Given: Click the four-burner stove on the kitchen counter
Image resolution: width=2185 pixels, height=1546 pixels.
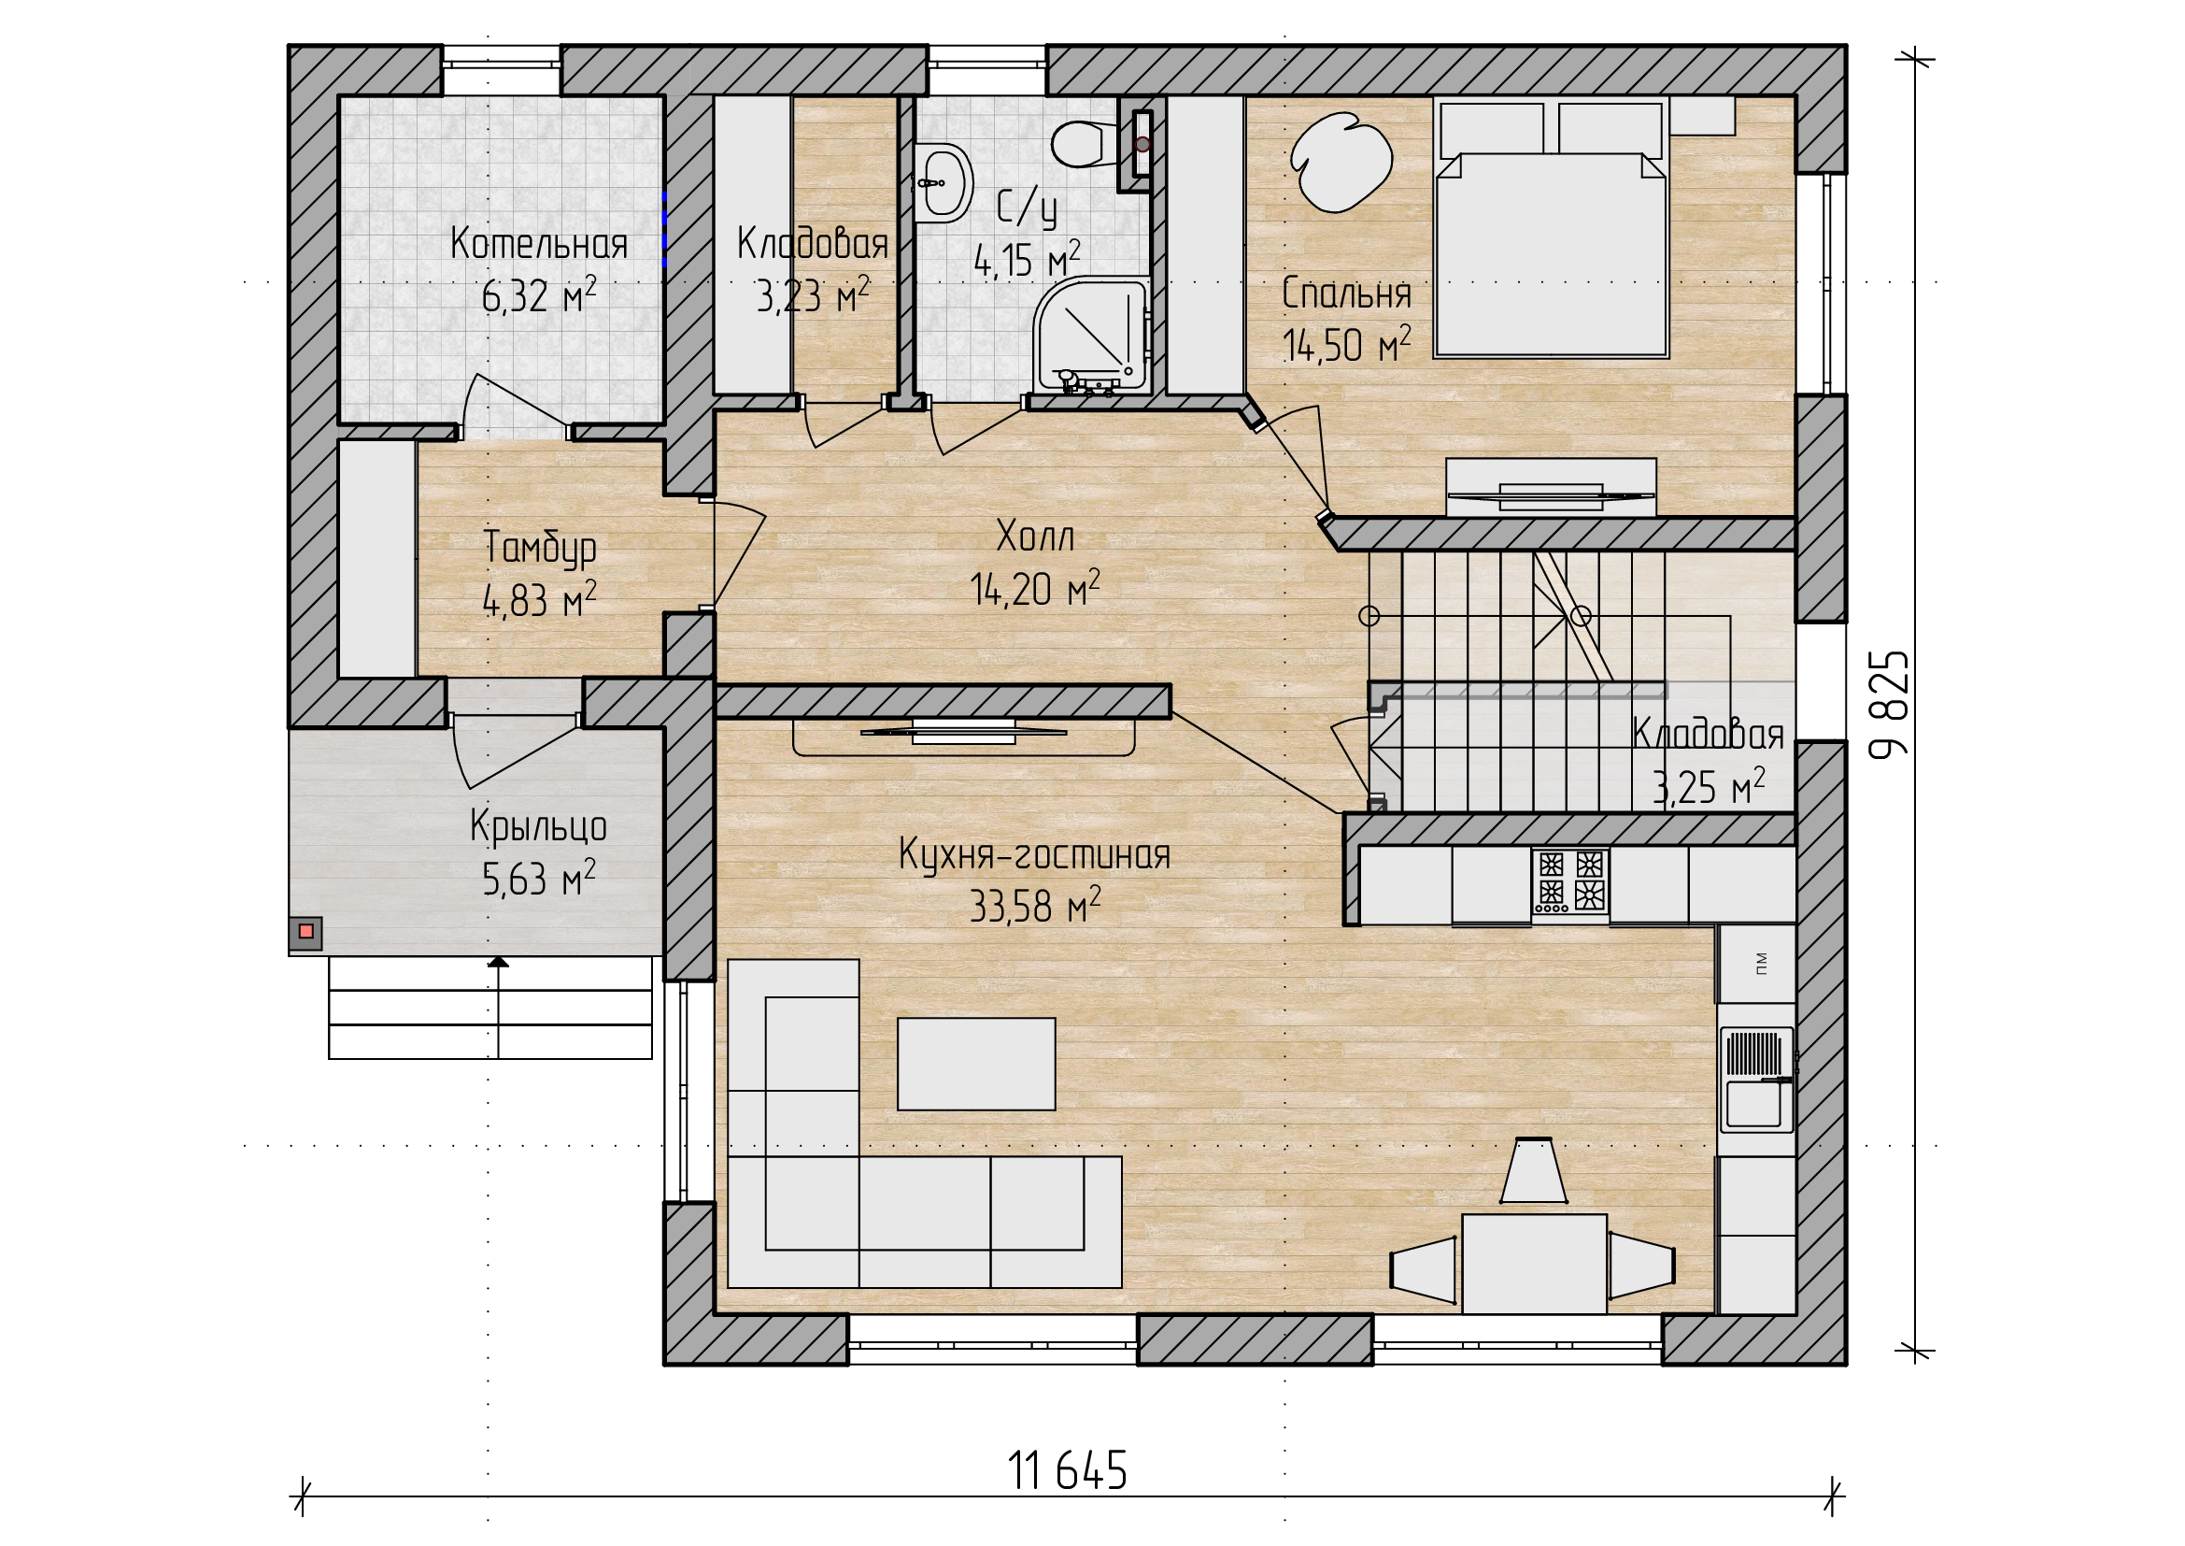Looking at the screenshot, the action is point(1569,880).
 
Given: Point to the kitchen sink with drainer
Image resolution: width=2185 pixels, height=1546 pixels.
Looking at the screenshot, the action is point(1757,1080).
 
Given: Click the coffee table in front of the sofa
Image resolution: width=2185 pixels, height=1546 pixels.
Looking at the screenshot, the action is point(976,1064).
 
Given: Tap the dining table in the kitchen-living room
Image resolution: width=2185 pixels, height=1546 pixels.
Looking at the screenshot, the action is point(1534,1264).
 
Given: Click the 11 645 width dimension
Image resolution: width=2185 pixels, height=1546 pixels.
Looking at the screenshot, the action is point(1067,1471).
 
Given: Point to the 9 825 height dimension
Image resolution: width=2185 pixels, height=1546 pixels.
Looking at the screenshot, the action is point(1889,704).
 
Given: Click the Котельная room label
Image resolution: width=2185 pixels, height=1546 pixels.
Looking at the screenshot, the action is point(539,244).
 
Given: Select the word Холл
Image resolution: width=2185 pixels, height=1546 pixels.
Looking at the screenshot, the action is point(1035,537).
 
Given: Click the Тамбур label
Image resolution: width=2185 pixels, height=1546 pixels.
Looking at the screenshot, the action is point(540,548).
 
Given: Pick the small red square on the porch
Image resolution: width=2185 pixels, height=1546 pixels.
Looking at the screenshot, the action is point(305,931).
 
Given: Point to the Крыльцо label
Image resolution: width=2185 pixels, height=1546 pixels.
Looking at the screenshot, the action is point(539,826).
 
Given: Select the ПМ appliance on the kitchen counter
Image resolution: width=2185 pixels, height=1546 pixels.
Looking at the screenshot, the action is point(1757,963).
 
